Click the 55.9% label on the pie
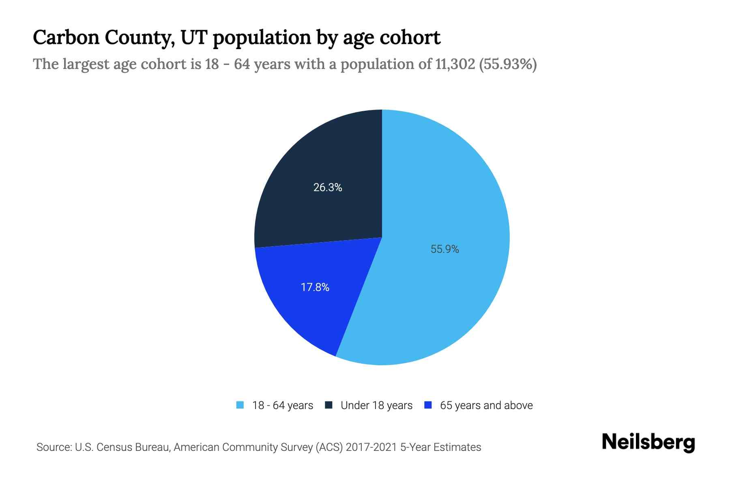coord(444,249)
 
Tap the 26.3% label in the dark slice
coord(328,187)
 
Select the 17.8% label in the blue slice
coord(315,287)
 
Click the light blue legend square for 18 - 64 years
coord(240,405)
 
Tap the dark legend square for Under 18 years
coord(329,405)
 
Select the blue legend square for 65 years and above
coord(428,405)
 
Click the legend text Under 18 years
coord(376,405)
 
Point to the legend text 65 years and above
coord(486,405)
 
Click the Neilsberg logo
coord(648,442)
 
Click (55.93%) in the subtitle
coord(508,64)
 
